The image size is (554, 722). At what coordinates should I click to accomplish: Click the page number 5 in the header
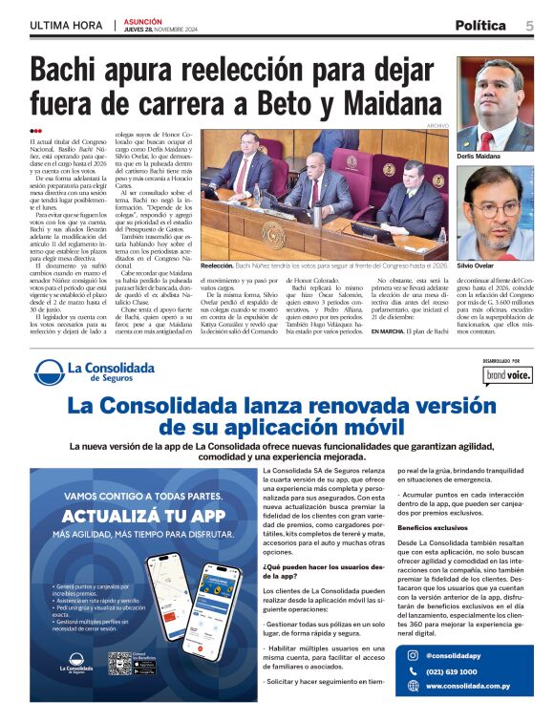coord(529,25)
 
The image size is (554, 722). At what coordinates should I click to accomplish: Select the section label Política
coord(487,25)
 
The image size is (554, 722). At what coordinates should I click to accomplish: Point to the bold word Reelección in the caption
coord(218,265)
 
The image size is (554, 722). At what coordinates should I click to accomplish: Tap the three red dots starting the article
coord(36,131)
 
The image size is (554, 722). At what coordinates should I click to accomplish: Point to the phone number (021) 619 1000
coord(453,671)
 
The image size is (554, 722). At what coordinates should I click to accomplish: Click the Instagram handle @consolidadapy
coord(457,656)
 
